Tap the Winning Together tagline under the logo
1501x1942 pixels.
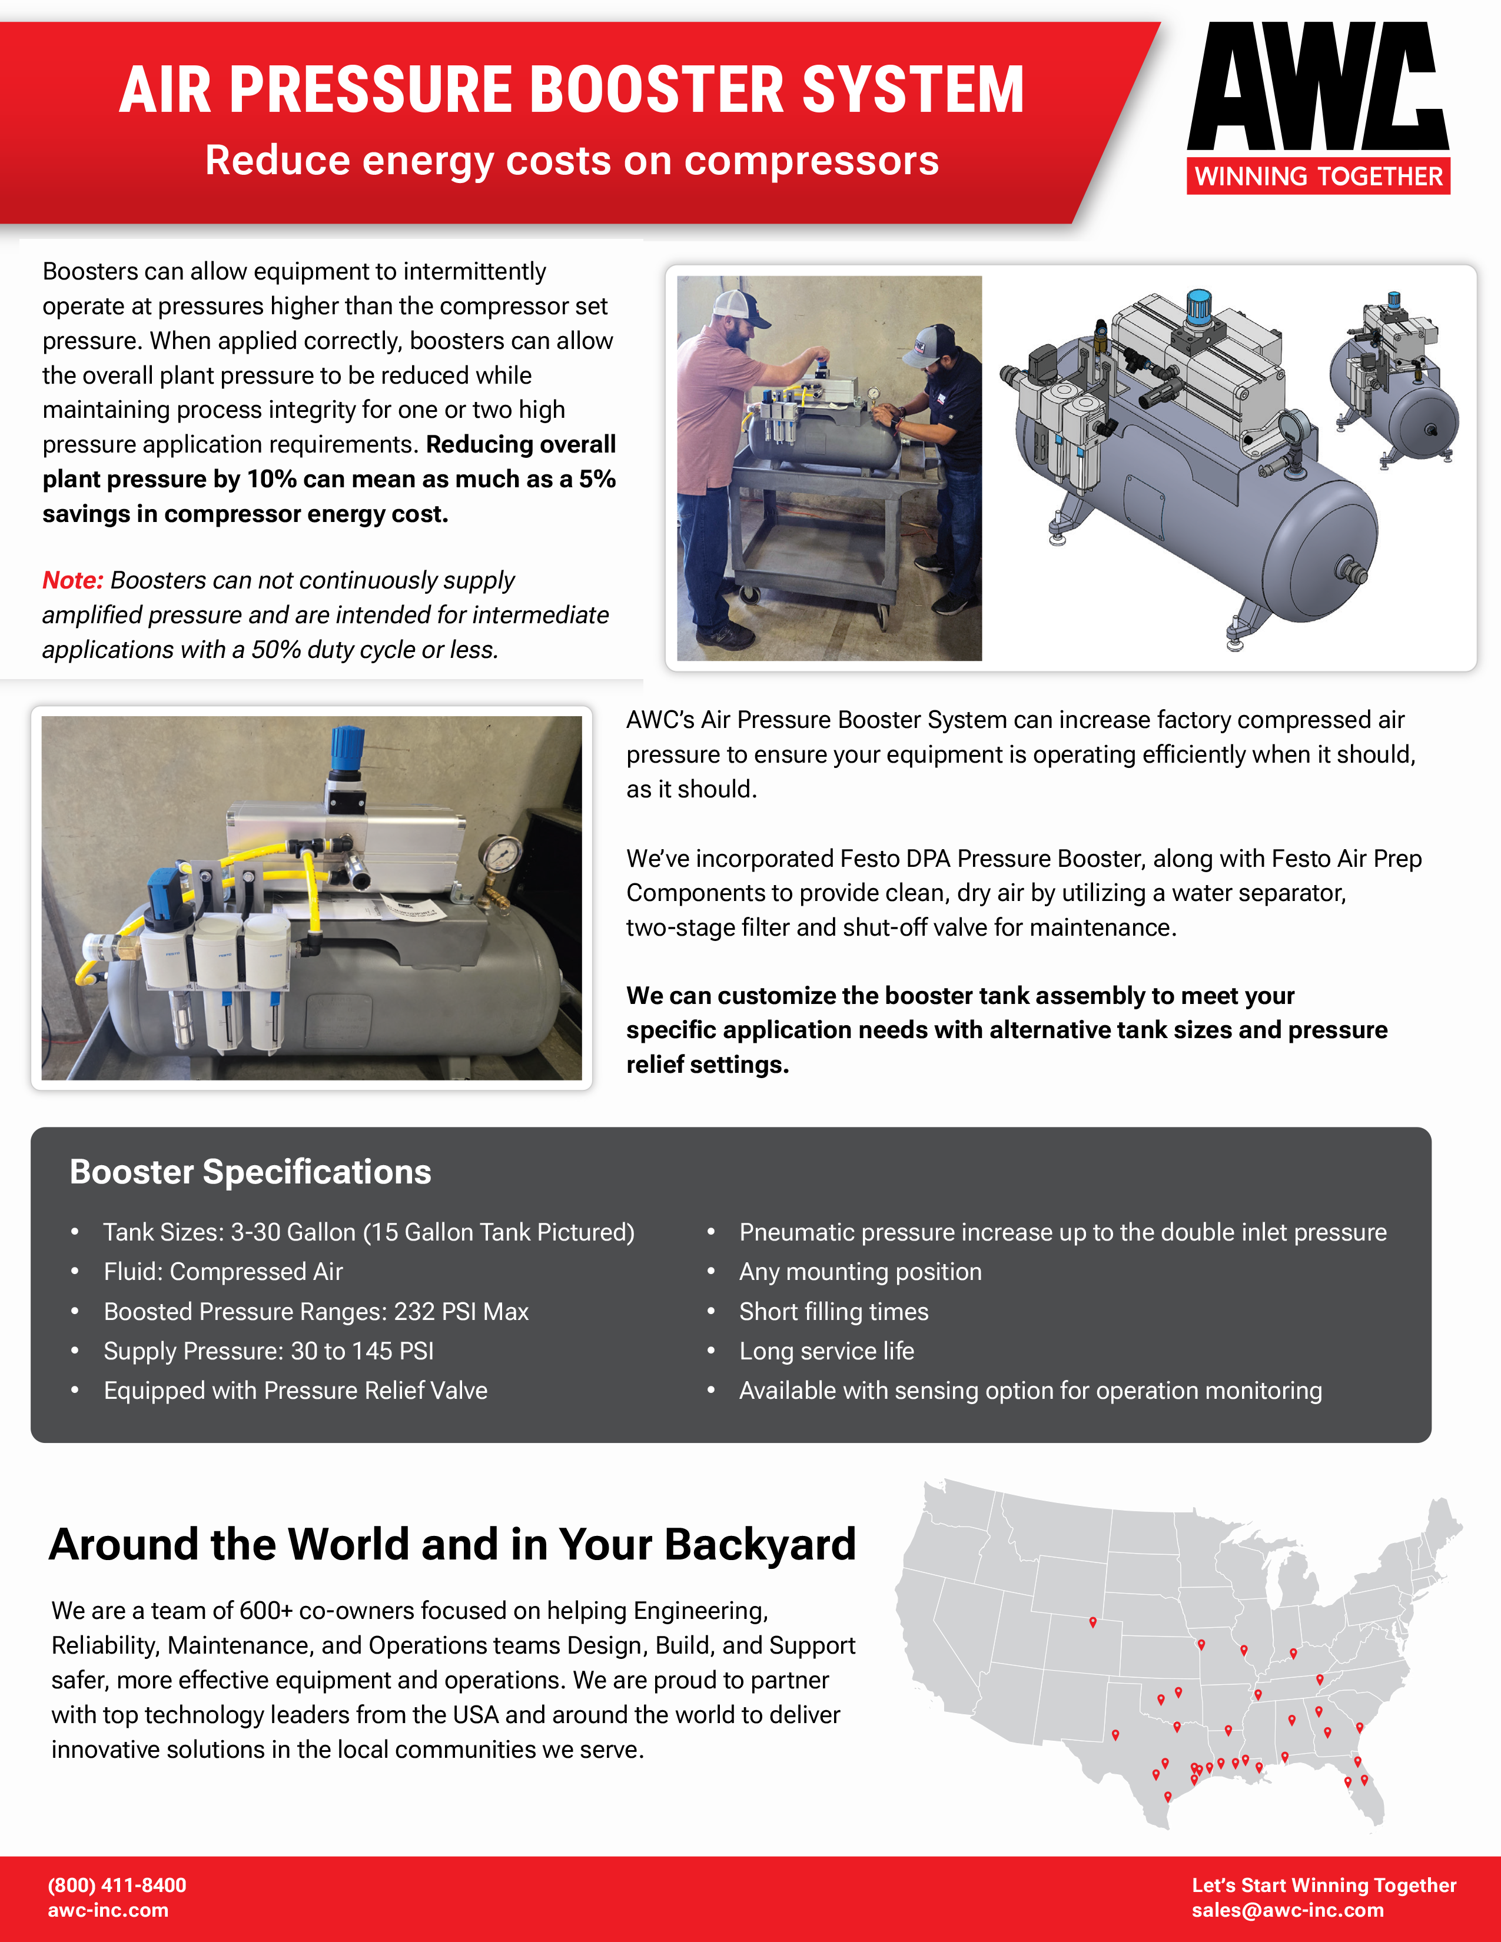pos(1318,176)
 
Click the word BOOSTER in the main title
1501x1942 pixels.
pos(657,90)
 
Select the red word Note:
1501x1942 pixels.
pos(73,581)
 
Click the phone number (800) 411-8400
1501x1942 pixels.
pos(117,1885)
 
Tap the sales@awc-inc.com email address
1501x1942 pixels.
pos(1287,1910)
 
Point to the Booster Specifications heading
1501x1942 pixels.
pos(250,1172)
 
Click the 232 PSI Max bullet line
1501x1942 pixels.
pos(316,1312)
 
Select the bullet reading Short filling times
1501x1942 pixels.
pos(833,1312)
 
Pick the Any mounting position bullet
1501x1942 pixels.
pos(860,1272)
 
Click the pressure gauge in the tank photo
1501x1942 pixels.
pos(503,854)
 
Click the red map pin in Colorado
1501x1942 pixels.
pos(1093,1623)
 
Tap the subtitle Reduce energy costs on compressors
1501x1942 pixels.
pos(572,161)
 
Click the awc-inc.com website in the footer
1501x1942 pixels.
pos(108,1910)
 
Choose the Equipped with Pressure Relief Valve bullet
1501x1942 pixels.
pos(295,1391)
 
